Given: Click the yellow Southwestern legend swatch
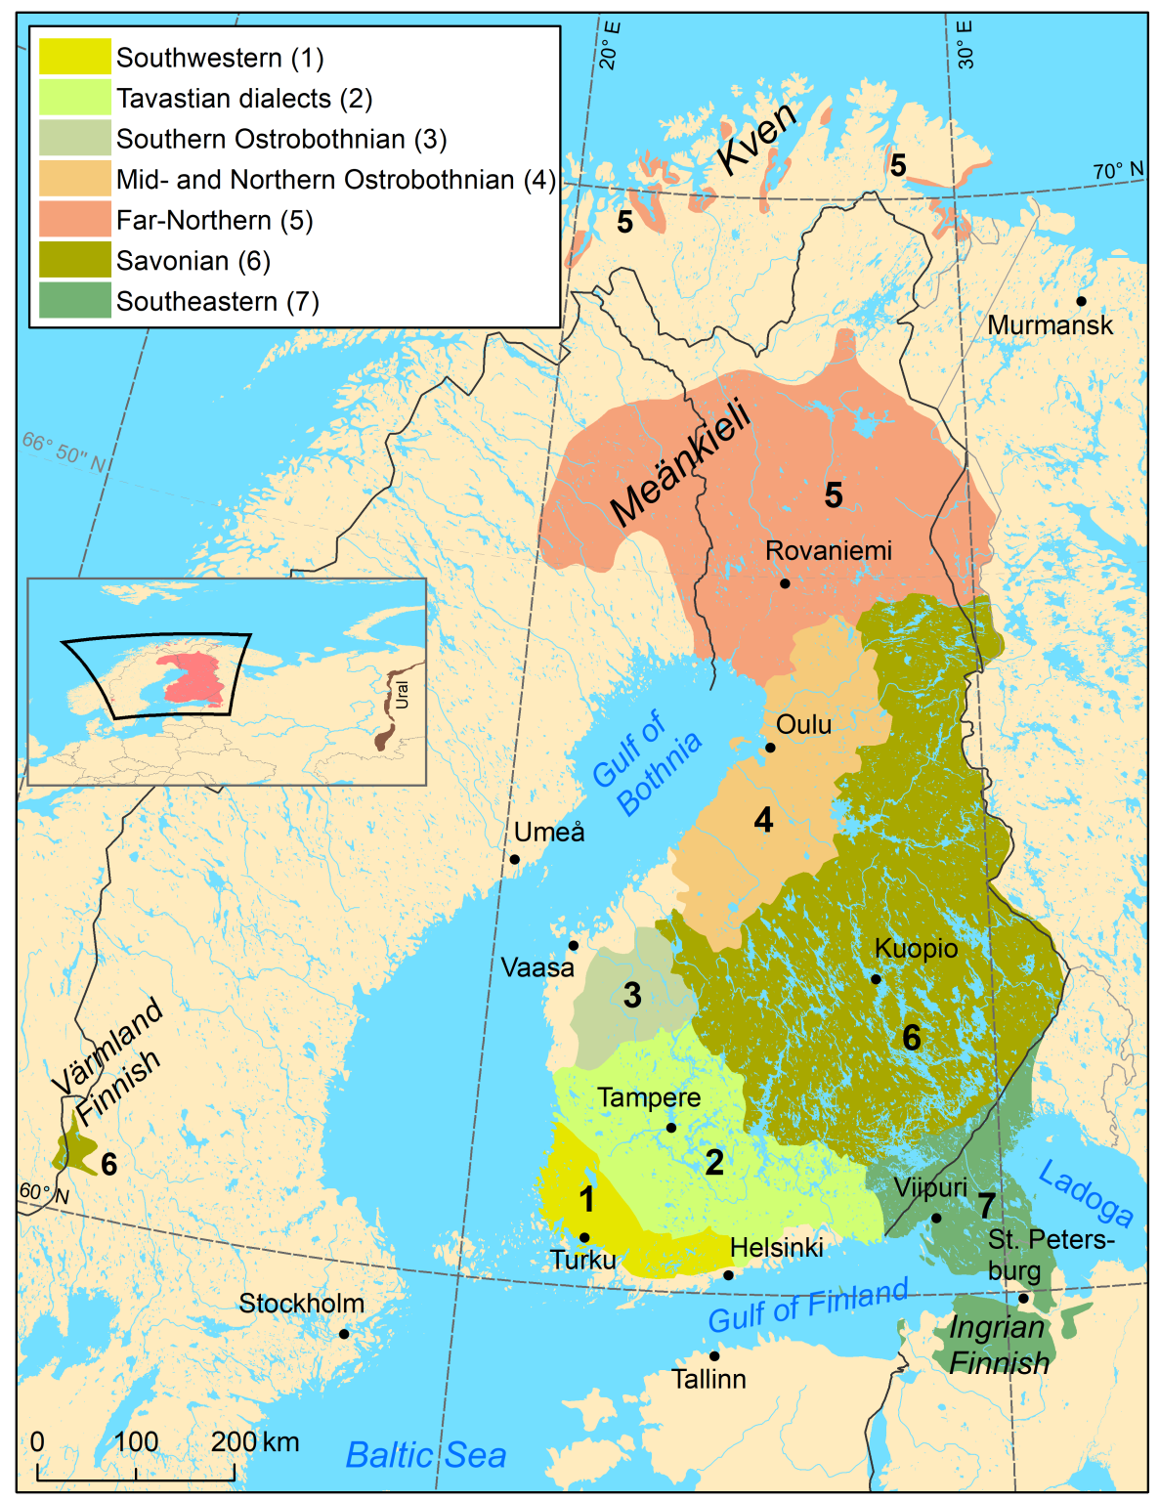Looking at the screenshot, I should click(74, 58).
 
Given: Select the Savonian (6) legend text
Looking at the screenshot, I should click(193, 261).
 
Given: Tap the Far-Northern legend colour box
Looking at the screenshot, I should click(74, 220).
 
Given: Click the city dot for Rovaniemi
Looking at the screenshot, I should click(785, 583).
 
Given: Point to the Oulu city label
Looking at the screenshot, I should click(803, 725).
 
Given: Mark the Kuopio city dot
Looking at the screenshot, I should click(876, 979).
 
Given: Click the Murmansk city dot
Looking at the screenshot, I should click(1081, 301).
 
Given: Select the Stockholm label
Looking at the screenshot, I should click(301, 1304).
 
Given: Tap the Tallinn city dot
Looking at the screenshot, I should click(714, 1355).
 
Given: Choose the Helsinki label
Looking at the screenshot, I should click(776, 1248).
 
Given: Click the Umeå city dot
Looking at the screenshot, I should click(514, 860).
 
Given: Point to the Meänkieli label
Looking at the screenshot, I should click(681, 463).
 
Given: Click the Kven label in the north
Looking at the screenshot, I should click(757, 139).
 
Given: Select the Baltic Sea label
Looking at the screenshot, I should click(426, 1455).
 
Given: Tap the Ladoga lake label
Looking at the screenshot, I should click(1086, 1194).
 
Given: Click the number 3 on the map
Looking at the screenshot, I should click(632, 996).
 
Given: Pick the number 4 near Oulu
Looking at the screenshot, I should click(763, 820).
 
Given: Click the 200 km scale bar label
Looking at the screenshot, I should click(254, 1441).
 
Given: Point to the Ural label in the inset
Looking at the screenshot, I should click(403, 695).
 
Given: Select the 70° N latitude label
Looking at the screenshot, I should click(1117, 171).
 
